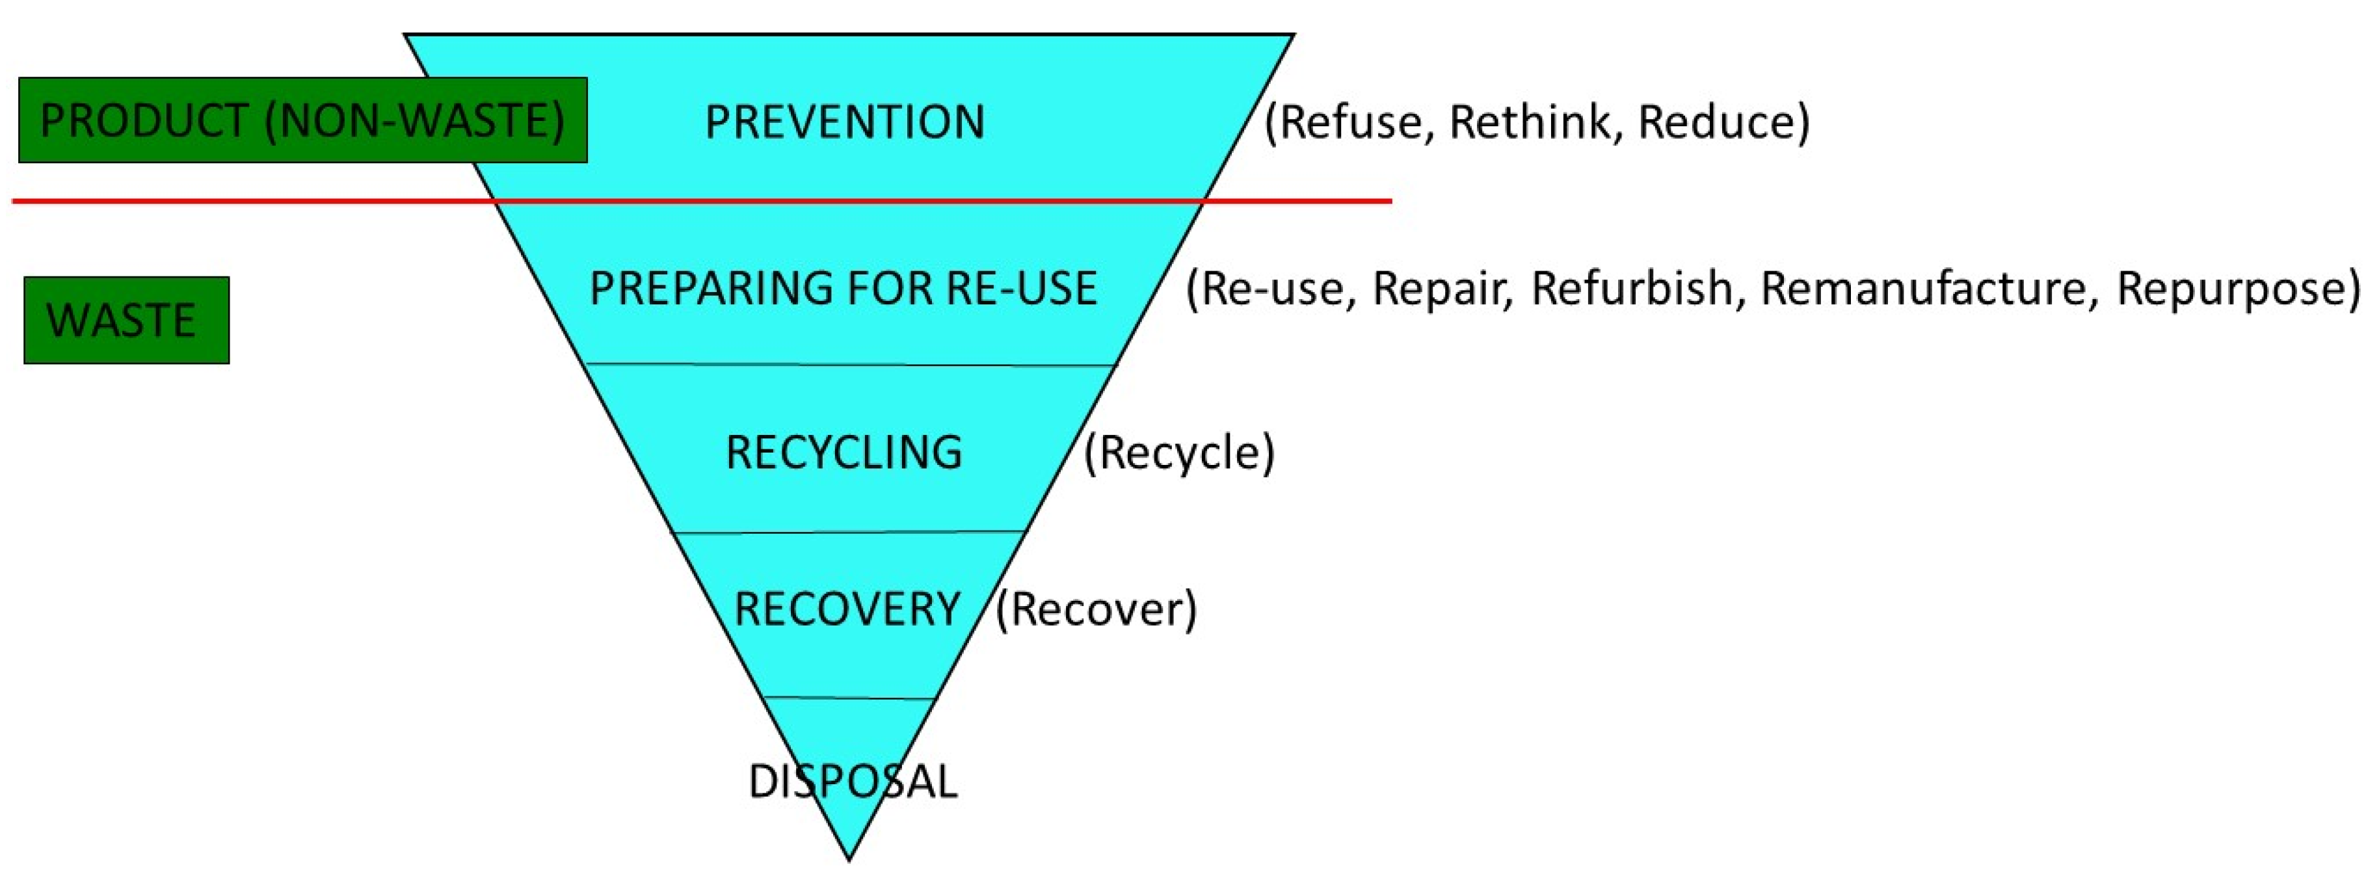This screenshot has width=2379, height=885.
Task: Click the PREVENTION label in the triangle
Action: [x=844, y=122]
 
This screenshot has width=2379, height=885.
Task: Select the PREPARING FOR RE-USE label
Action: [x=842, y=287]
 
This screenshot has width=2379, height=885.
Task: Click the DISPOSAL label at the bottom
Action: [x=851, y=782]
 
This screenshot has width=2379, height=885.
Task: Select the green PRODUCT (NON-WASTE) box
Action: [x=303, y=120]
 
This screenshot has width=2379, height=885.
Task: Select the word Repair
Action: [x=1441, y=288]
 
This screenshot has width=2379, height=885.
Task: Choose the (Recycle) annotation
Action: [x=1178, y=453]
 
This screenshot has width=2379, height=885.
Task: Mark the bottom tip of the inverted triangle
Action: [x=849, y=859]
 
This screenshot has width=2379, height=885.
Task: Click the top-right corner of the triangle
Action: [x=1292, y=36]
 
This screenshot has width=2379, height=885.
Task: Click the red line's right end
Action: [x=1389, y=200]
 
